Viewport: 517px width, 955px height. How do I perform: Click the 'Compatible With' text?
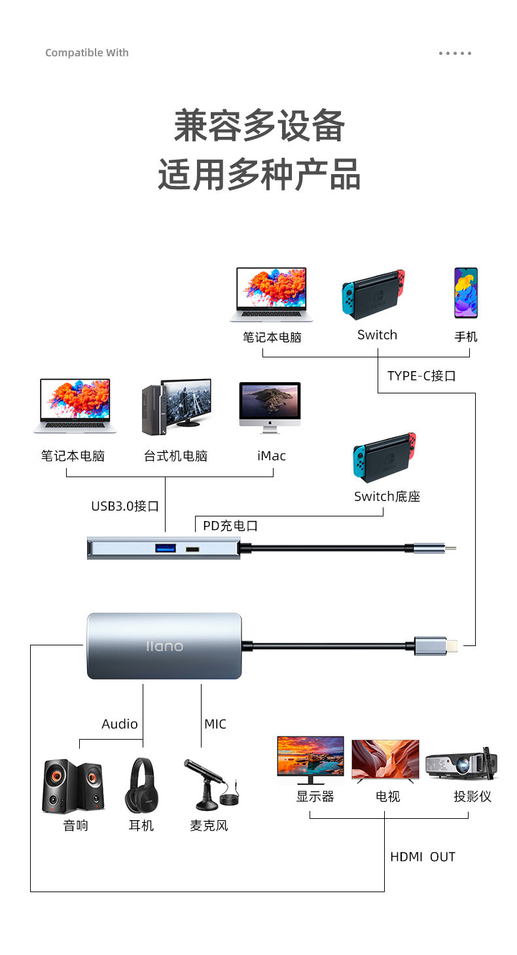click(x=87, y=53)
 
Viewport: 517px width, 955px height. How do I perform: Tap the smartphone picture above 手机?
click(x=466, y=293)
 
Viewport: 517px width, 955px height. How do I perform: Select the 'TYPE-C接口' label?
click(x=421, y=376)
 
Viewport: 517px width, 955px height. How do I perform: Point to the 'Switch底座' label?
click(x=387, y=496)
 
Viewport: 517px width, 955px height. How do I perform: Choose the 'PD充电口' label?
click(x=230, y=526)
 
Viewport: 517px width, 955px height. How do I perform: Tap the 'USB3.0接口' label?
click(x=125, y=506)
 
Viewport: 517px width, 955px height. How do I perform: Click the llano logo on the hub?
click(x=164, y=646)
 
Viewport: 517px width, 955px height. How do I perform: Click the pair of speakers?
click(x=73, y=785)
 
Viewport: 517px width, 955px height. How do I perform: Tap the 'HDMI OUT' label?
click(x=422, y=857)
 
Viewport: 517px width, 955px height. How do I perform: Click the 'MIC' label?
click(x=215, y=724)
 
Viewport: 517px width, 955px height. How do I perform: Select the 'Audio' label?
click(x=120, y=724)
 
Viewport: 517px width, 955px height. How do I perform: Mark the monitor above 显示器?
click(x=310, y=759)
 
